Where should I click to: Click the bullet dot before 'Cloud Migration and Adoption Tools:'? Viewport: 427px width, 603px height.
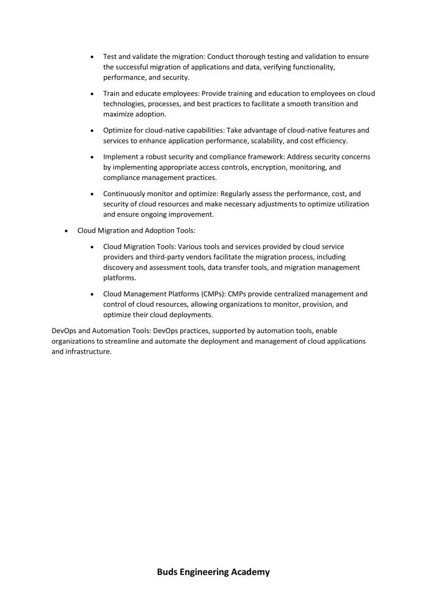[67, 231]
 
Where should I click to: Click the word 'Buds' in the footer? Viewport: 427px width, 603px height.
[168, 572]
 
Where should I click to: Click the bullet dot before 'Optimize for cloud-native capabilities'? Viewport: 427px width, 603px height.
[92, 131]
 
